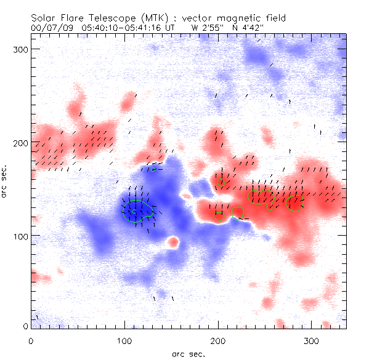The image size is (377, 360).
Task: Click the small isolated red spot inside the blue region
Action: point(173,242)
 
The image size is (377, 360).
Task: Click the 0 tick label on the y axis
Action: point(25,326)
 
